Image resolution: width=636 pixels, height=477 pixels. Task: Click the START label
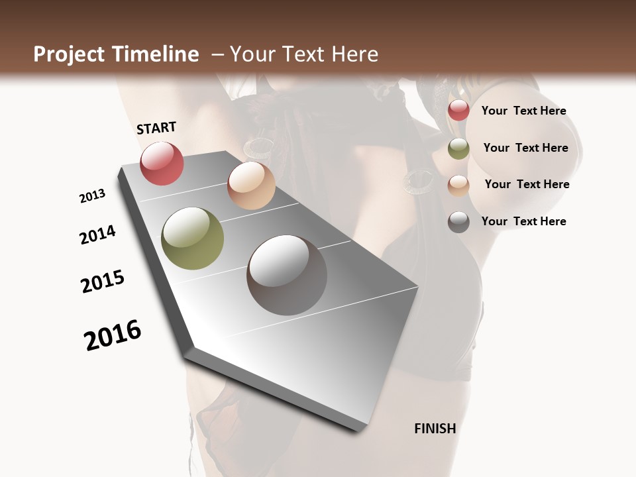click(156, 128)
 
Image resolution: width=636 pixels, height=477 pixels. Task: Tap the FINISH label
click(435, 429)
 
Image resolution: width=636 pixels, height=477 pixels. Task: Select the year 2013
click(92, 196)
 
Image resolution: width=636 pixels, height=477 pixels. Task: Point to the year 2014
click(97, 235)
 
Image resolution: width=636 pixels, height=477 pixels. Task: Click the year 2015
click(103, 282)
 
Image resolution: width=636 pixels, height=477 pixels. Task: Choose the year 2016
click(113, 335)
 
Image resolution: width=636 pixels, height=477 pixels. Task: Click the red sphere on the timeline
click(162, 163)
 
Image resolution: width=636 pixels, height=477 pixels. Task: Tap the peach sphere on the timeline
click(251, 185)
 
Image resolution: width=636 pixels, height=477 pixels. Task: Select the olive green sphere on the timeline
click(193, 238)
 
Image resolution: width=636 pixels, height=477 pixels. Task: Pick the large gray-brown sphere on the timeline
click(287, 275)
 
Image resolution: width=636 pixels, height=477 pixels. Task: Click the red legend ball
click(458, 111)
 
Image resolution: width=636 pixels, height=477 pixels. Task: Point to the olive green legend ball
click(458, 148)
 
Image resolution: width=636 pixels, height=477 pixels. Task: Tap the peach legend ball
click(458, 185)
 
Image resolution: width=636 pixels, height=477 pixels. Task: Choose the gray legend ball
click(458, 222)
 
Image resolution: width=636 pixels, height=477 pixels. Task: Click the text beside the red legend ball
click(523, 111)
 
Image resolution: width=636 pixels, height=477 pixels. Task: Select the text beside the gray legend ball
click(523, 221)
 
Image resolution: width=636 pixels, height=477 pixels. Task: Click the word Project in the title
click(68, 54)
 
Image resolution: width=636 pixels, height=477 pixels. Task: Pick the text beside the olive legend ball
click(525, 148)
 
